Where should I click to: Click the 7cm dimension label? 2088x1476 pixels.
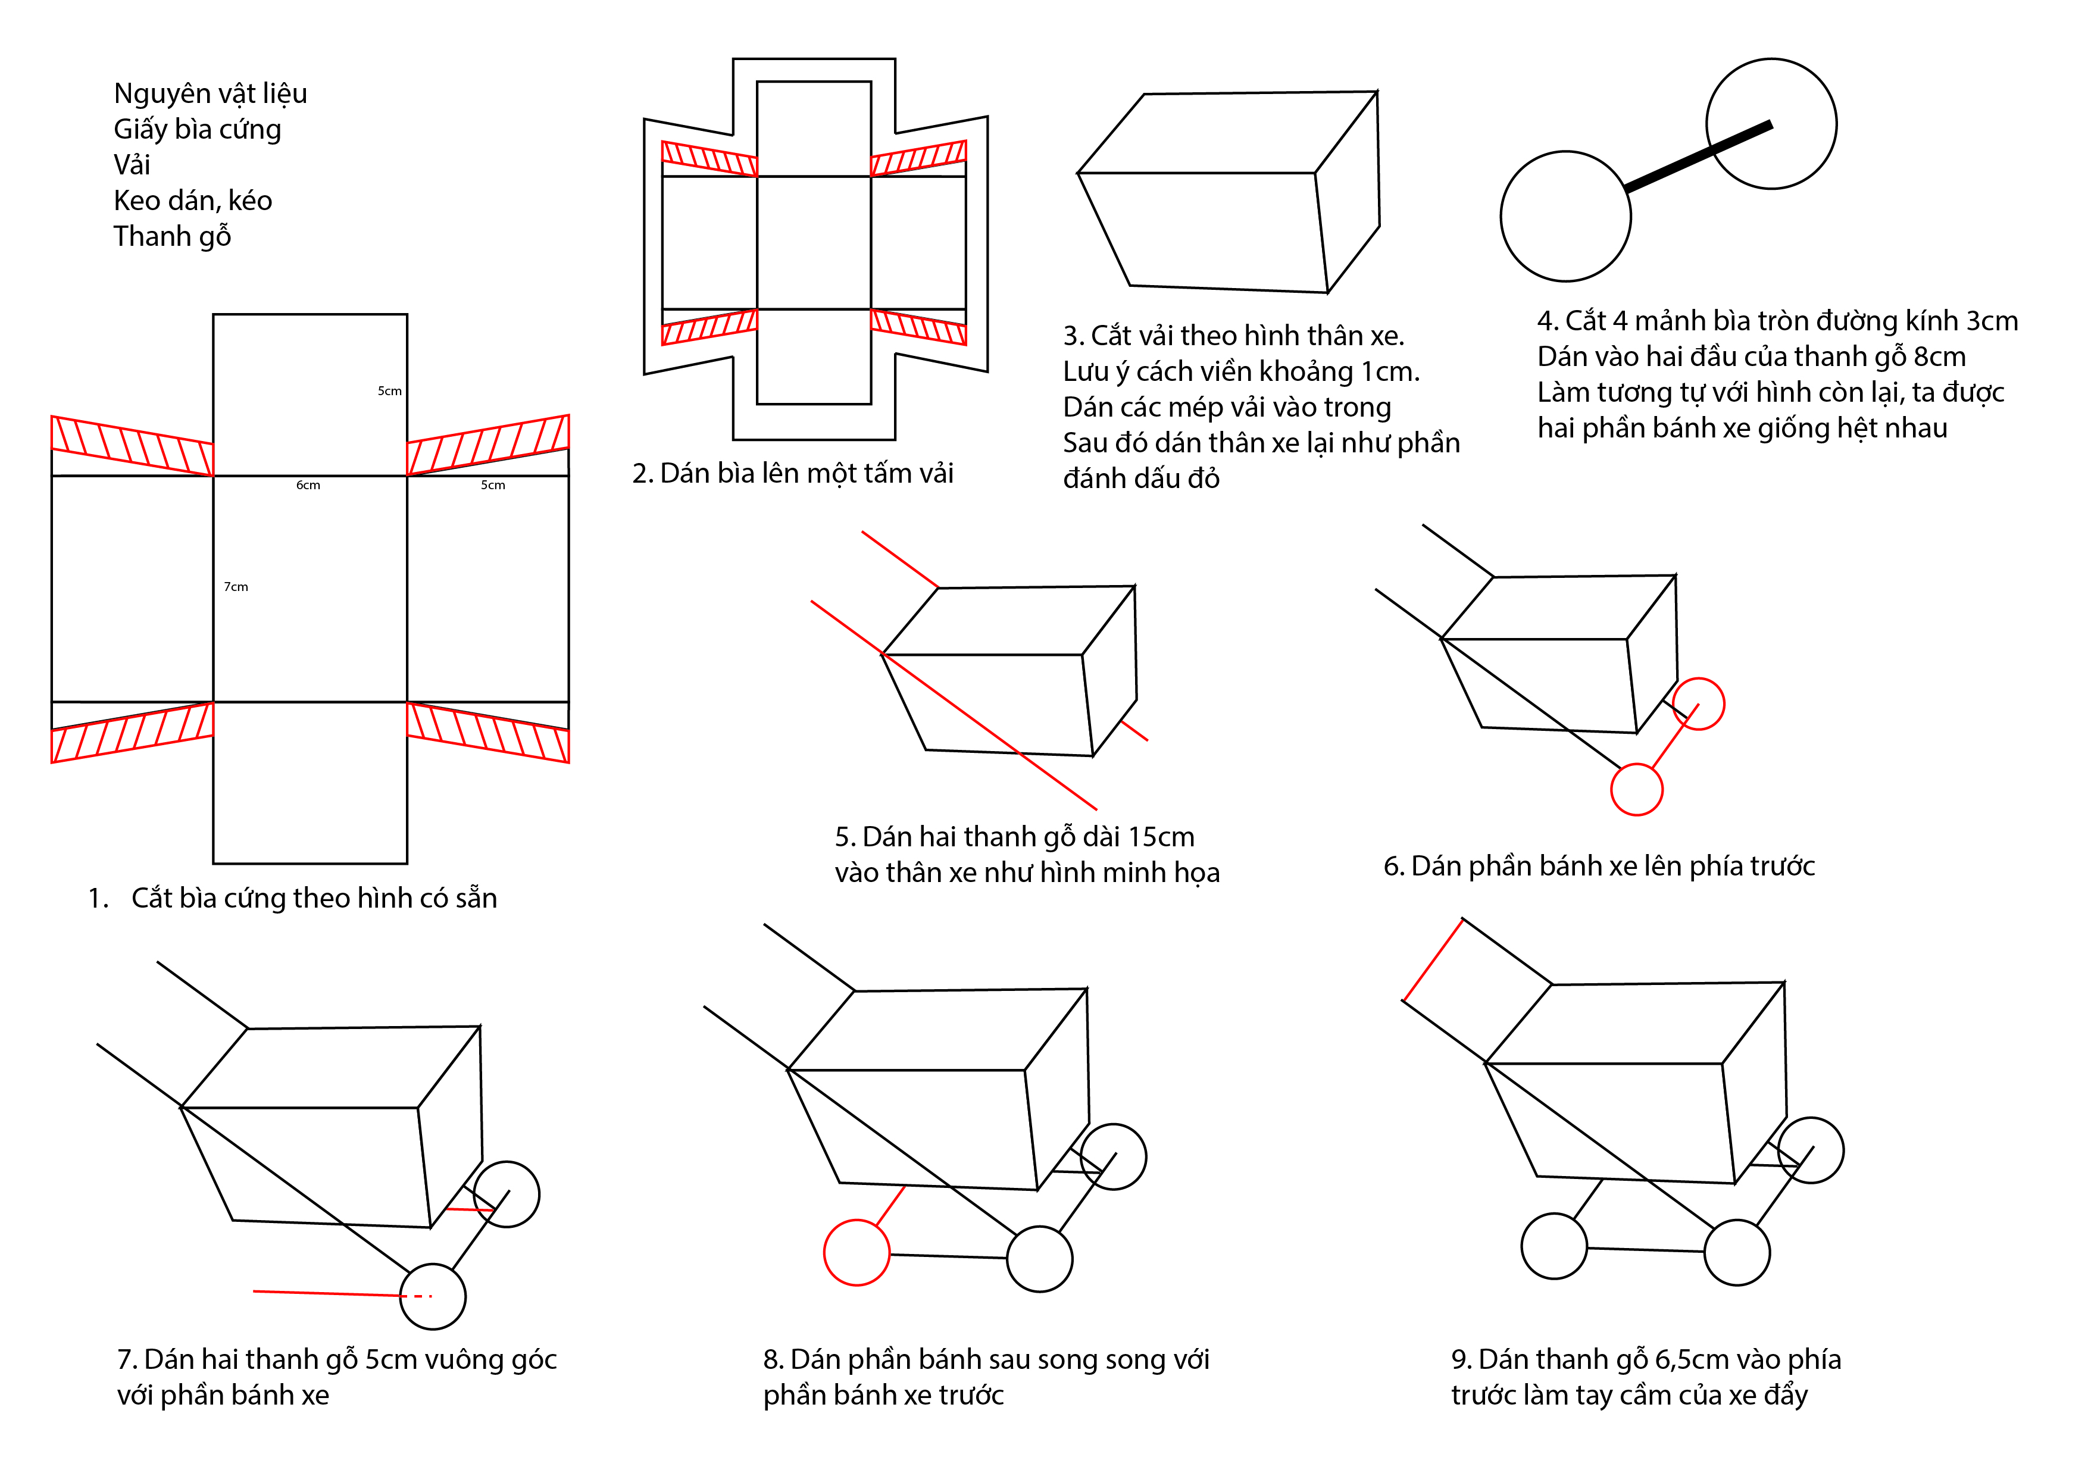(x=236, y=587)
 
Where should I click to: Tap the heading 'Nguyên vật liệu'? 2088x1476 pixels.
(x=210, y=93)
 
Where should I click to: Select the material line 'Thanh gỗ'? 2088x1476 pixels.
(x=172, y=236)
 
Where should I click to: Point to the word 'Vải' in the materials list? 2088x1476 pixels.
(x=132, y=165)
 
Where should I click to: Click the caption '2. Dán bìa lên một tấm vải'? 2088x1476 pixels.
(x=792, y=474)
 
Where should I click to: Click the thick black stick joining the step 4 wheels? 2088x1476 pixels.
(x=1698, y=157)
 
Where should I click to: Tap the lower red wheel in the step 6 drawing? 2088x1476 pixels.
(x=1636, y=789)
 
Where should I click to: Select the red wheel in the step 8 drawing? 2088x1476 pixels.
(x=856, y=1252)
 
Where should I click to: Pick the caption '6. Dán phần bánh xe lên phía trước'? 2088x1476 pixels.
(x=1598, y=867)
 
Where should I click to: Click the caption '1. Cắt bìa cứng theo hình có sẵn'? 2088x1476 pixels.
(x=293, y=899)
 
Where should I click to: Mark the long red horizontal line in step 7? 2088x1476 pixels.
(x=327, y=1293)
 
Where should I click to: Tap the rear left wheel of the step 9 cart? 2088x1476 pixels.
(x=1554, y=1246)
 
